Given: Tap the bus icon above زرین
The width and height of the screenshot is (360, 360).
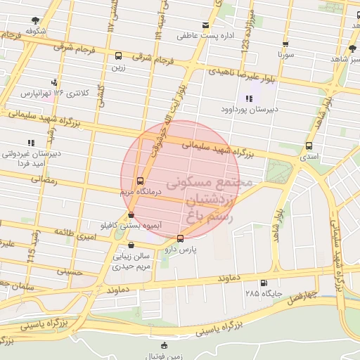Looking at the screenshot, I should point(117,56).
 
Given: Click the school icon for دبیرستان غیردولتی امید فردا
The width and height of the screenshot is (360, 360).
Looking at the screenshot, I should point(30,142).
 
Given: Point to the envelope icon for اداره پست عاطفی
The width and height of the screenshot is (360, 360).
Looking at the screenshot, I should point(205,25).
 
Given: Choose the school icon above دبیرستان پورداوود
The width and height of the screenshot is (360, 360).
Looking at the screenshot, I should point(248,98).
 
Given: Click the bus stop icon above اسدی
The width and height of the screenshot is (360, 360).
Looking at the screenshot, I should point(309,146).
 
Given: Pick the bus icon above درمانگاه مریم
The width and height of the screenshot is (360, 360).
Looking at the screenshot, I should point(141,180).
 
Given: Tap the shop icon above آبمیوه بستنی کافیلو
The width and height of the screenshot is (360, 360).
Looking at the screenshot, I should point(131,215).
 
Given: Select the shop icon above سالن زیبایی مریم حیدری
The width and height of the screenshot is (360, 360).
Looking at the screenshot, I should point(131,246).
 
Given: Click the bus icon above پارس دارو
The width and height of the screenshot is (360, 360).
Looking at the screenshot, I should point(180,238).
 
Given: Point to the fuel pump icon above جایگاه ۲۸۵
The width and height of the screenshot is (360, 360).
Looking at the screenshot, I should point(264,283).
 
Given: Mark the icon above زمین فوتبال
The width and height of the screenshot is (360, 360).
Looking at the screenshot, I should point(164,345).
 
